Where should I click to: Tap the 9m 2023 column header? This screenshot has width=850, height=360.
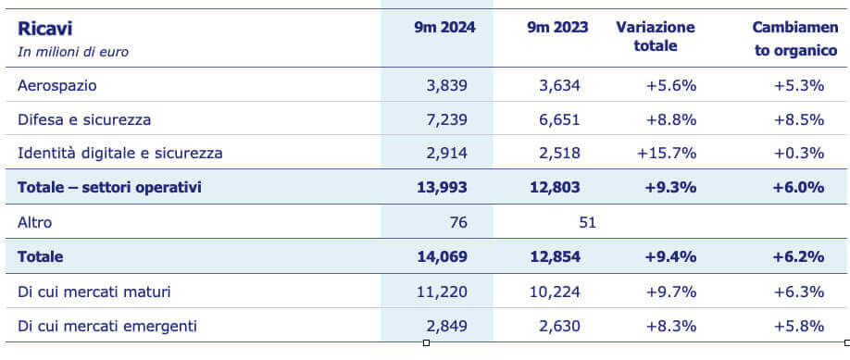556,28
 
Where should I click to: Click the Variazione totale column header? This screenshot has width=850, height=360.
656,36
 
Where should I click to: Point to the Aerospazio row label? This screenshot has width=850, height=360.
57,85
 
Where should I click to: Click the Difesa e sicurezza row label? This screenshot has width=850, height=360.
84,119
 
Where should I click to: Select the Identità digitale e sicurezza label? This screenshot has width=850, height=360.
120,153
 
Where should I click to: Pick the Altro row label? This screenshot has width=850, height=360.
36,222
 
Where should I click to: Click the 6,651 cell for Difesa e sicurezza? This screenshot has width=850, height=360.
559,119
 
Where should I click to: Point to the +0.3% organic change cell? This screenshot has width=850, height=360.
798,153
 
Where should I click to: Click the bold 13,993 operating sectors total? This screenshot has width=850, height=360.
442,187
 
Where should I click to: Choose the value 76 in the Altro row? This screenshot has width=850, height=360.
458,222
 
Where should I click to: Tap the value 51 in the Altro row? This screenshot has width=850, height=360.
586,222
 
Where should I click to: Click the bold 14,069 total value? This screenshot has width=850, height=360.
442,256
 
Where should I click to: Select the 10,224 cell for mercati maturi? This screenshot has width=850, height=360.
556,292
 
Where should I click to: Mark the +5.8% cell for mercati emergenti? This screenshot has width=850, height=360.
798,326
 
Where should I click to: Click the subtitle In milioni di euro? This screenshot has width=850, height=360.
73,52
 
